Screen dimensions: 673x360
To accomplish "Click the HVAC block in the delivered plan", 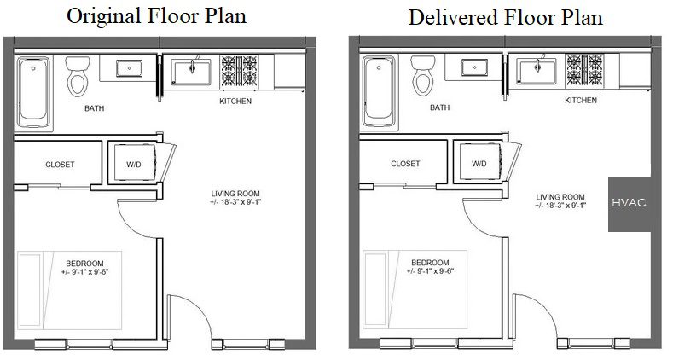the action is click(629, 205).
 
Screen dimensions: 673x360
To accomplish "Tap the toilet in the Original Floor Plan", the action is click(78, 77).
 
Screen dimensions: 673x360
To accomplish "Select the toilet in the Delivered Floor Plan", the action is click(423, 76).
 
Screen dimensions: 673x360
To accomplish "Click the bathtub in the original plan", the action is click(33, 92).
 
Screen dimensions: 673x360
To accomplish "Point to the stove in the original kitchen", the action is click(239, 71).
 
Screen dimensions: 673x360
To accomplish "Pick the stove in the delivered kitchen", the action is click(584, 70).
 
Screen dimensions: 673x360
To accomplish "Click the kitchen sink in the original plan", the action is click(191, 72).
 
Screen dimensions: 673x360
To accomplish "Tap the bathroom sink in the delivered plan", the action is click(475, 67).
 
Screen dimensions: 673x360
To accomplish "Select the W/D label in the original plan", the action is click(134, 165).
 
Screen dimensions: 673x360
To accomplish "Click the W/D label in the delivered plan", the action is click(479, 164).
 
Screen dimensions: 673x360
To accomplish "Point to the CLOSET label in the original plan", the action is click(60, 165).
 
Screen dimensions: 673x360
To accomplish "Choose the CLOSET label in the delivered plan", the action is click(406, 164).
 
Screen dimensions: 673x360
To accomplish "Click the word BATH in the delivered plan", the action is click(440, 107).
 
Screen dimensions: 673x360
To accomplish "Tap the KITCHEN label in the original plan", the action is click(235, 101).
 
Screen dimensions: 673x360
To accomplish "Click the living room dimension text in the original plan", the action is click(235, 202).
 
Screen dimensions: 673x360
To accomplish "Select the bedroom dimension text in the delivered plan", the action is click(431, 270).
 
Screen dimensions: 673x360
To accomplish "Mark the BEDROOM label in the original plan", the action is click(85, 264).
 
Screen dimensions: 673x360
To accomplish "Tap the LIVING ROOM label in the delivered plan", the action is click(560, 197).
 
